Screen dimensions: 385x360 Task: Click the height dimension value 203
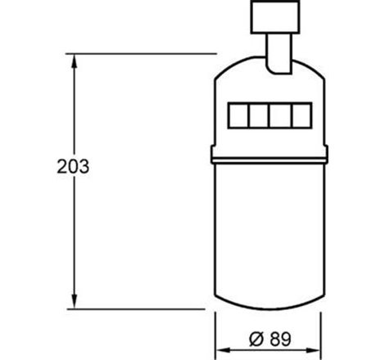coord(73,166)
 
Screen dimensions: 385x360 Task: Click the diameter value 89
coord(280,339)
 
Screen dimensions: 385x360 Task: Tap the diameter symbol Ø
coord(256,339)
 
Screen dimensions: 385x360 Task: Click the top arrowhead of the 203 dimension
coord(75,61)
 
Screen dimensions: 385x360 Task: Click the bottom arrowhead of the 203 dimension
coord(75,302)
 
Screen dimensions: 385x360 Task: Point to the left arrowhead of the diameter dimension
coord(223,350)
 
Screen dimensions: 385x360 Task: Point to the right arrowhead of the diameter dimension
coord(314,350)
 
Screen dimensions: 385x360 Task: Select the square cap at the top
coord(275,17)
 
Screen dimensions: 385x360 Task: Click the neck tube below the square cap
coord(279,53)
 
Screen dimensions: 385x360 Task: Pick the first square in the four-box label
coord(238,115)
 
